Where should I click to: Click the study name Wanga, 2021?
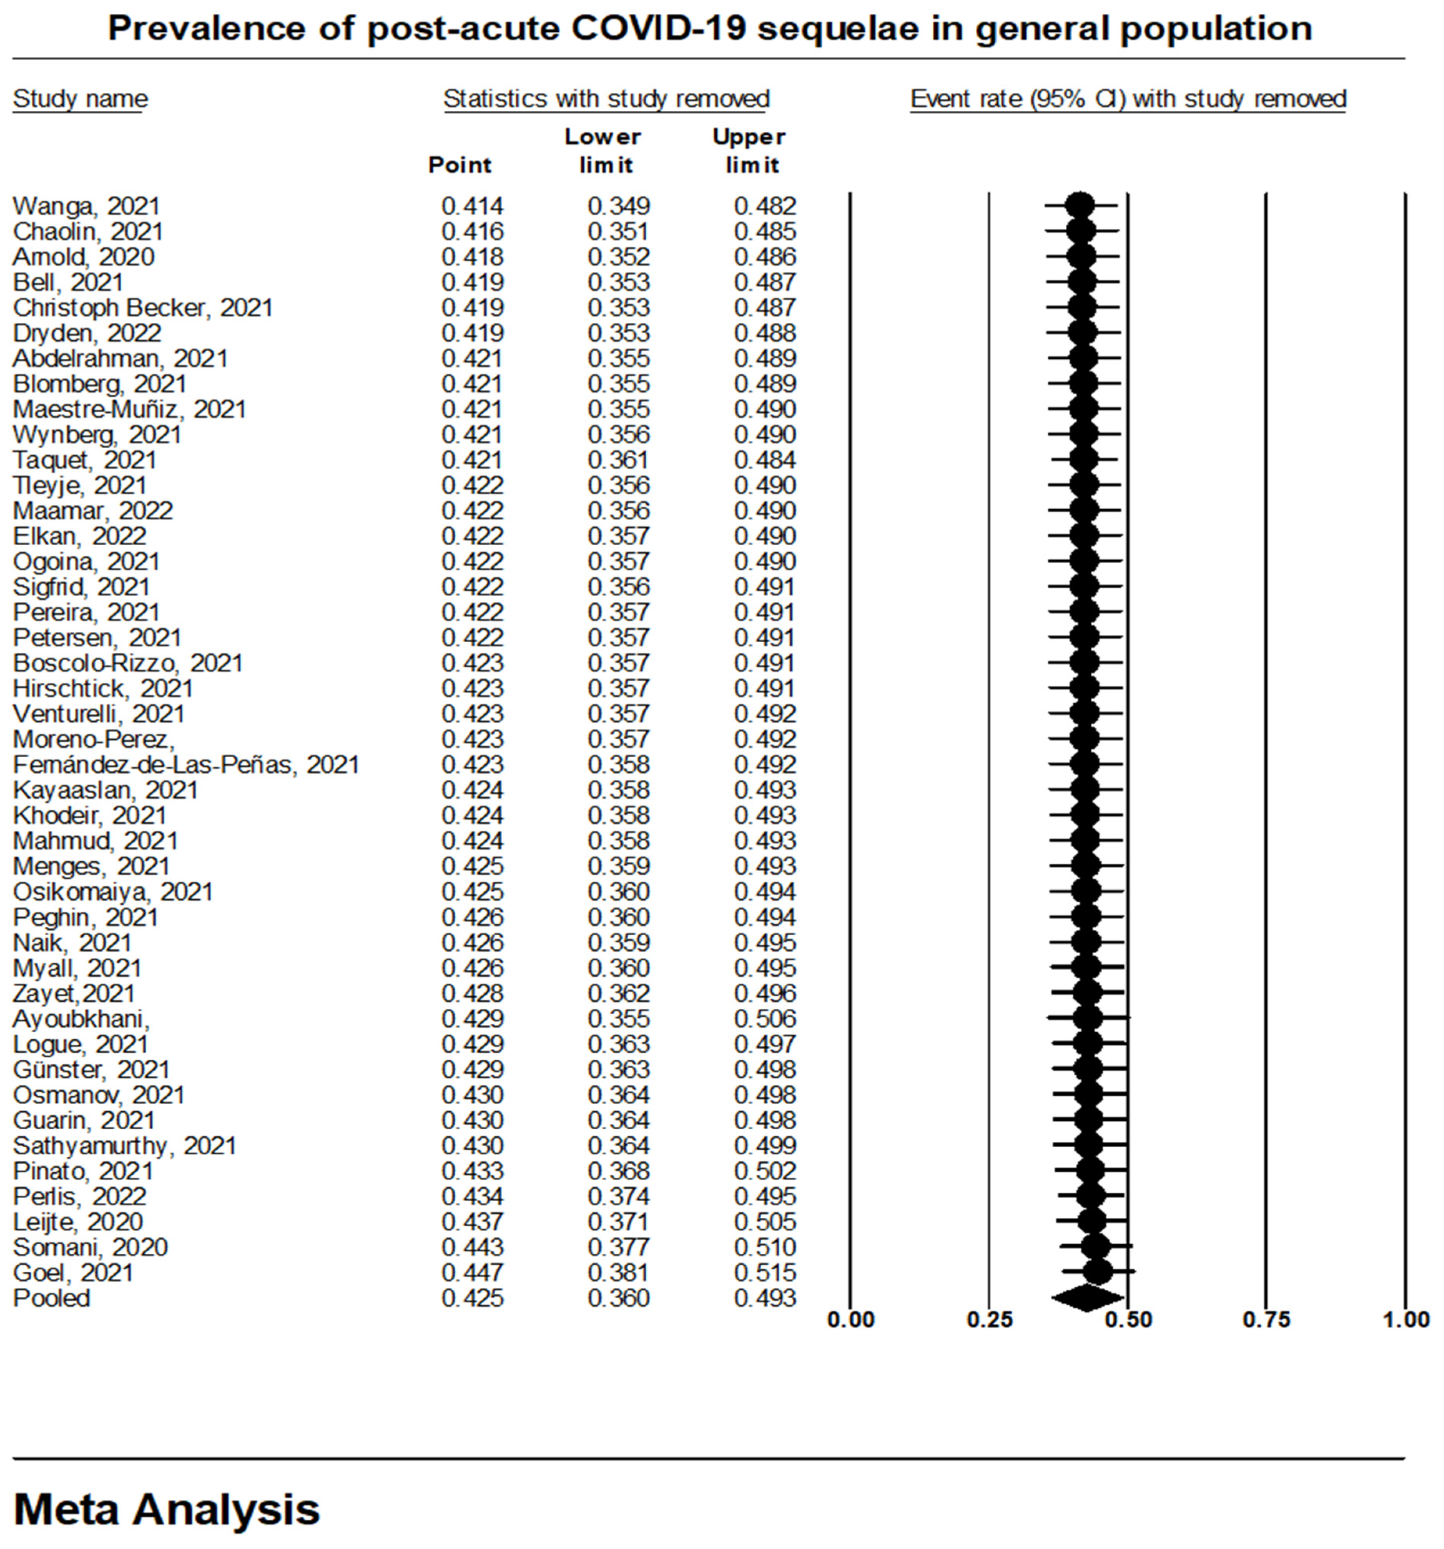pyautogui.click(x=86, y=207)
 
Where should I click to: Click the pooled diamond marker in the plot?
pyautogui.click(x=1087, y=1298)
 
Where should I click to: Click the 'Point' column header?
pyautogui.click(x=460, y=165)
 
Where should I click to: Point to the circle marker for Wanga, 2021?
pyautogui.click(x=1079, y=207)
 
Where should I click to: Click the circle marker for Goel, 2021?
pyautogui.click(x=1097, y=1272)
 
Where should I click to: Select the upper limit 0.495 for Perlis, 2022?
pyautogui.click(x=764, y=1197)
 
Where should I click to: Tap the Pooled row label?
pyautogui.click(x=51, y=1298)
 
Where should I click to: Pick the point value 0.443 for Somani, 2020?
pyautogui.click(x=472, y=1247)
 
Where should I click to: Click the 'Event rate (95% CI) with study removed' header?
pyautogui.click(x=1128, y=99)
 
